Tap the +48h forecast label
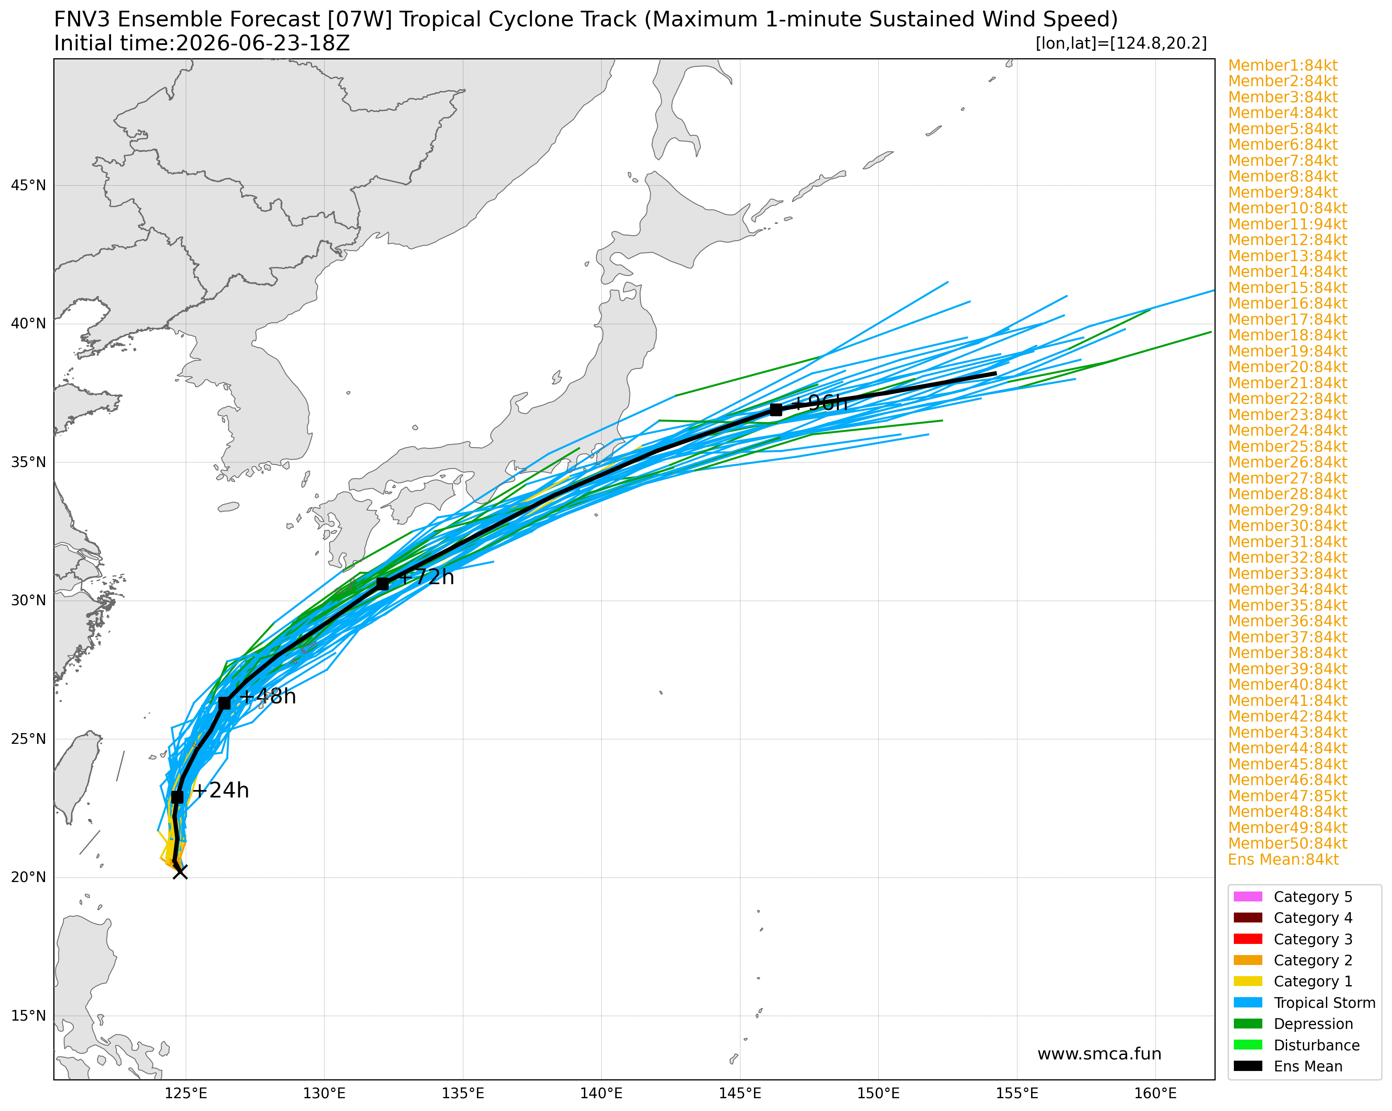tap(267, 697)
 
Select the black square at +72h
tap(382, 584)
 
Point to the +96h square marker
tap(776, 410)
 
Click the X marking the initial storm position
tap(180, 872)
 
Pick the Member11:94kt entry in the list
tap(1288, 224)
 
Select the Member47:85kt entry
tap(1288, 795)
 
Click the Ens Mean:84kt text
tap(1283, 859)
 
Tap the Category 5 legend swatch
tap(1247, 897)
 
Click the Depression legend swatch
tap(1247, 1024)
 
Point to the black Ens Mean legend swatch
tap(1247, 1066)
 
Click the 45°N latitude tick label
tap(28, 186)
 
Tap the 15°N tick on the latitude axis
tap(28, 1016)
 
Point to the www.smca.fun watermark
tap(1099, 1054)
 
